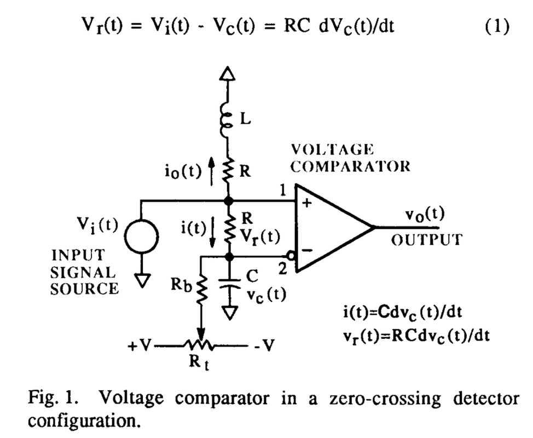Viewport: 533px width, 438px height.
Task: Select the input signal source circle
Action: pos(141,237)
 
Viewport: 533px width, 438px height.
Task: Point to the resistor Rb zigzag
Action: pos(201,289)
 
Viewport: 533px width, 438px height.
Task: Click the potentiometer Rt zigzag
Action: pos(199,346)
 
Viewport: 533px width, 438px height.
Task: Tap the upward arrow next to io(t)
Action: pos(211,171)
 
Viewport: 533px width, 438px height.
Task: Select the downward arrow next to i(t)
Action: pos(212,233)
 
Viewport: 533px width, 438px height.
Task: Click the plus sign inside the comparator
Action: pos(307,203)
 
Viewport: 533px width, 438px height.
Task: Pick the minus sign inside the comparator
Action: pos(307,250)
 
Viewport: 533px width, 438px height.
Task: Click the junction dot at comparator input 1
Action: pos(229,201)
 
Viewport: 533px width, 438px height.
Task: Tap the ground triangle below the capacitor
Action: pos(230,313)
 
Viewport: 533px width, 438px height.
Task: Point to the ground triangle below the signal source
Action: pos(142,280)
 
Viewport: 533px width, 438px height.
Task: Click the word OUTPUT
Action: pos(427,240)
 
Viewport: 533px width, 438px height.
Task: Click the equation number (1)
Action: pos(497,26)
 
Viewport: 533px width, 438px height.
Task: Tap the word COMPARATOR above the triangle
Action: pos(350,166)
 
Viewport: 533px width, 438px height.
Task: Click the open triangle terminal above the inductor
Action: pos(227,73)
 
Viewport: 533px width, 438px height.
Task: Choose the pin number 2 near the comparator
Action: pos(282,269)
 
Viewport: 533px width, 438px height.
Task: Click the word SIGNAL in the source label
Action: pos(83,273)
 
